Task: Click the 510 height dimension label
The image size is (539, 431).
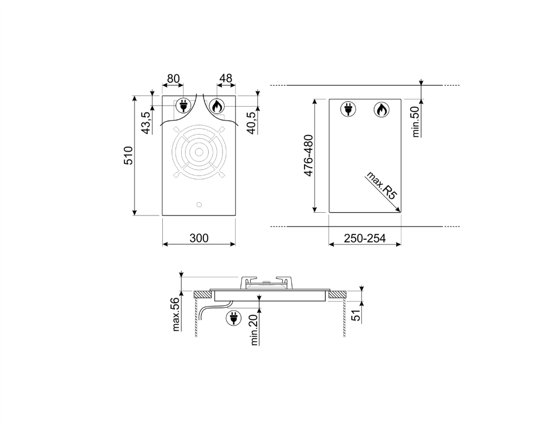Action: coord(128,156)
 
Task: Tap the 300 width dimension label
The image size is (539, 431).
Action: coord(199,238)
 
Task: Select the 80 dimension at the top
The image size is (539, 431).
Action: coord(173,79)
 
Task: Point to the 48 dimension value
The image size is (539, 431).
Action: coord(226,78)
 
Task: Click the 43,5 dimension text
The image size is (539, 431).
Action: coord(146,123)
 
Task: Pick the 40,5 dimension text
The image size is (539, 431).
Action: coord(251,123)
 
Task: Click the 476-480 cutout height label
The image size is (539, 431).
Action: coord(309,156)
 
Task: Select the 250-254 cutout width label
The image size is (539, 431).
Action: coord(365,238)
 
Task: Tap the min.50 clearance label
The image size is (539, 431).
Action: coord(416,122)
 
